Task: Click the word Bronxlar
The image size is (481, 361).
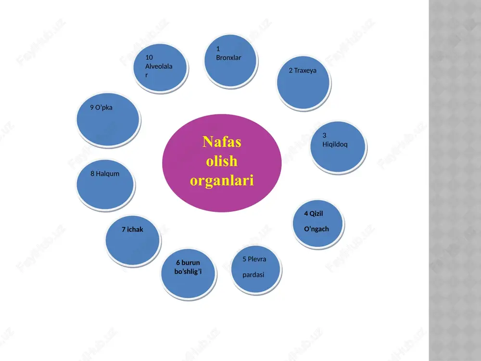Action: click(x=228, y=58)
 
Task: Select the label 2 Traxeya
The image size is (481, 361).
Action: click(x=303, y=71)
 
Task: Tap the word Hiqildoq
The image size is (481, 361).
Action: click(x=335, y=144)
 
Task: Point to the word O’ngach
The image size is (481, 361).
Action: click(x=316, y=229)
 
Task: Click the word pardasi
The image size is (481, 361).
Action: click(x=253, y=275)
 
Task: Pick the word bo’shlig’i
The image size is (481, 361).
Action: click(x=188, y=271)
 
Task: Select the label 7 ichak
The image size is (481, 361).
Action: click(x=132, y=229)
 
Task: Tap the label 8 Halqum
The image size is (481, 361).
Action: click(x=104, y=174)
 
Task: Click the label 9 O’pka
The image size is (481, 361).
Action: click(x=101, y=107)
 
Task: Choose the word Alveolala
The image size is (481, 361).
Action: click(x=159, y=66)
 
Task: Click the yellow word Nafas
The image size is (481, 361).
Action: click(x=222, y=142)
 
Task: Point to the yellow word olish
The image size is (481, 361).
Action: click(x=222, y=161)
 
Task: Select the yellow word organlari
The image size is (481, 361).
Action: click(x=222, y=180)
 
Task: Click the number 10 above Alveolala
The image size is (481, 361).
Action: click(x=149, y=57)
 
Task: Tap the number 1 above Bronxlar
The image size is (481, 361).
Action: click(x=218, y=49)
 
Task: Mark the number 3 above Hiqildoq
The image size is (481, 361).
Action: click(x=324, y=135)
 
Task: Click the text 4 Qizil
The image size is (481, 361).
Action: click(x=314, y=214)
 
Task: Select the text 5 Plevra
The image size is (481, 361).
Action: click(x=254, y=259)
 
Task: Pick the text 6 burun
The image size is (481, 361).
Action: click(x=188, y=263)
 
